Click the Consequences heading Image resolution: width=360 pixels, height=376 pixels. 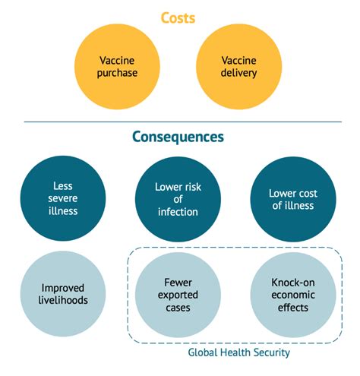[178, 137]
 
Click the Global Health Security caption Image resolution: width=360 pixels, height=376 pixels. [239, 352]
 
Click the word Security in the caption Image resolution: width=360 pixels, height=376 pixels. [272, 352]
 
